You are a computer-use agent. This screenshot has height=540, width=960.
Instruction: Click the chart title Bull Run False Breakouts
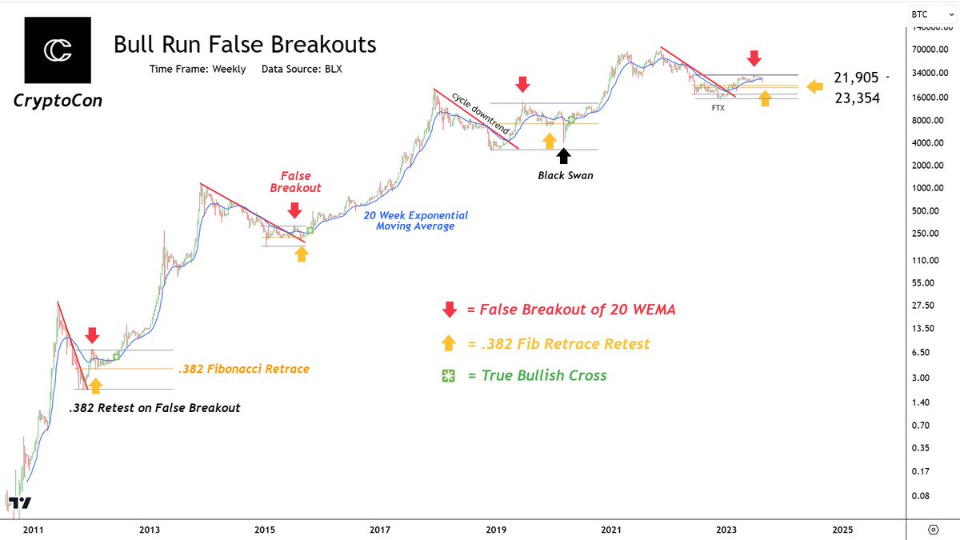(x=245, y=44)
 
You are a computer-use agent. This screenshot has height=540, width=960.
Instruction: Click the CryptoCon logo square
(x=58, y=49)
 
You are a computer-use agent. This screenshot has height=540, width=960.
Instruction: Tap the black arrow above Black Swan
(x=565, y=154)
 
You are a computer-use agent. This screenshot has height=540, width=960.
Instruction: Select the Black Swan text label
(x=565, y=175)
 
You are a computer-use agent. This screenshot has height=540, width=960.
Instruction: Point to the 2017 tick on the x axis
(x=380, y=530)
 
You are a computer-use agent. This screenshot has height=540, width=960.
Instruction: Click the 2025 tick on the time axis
(x=842, y=530)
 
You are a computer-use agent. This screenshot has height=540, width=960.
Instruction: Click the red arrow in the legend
(x=450, y=310)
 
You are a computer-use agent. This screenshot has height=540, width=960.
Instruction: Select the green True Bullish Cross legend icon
(x=450, y=376)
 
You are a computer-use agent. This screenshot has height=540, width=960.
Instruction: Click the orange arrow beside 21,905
(x=815, y=86)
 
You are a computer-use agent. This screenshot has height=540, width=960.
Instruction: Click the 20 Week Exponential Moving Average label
(x=416, y=221)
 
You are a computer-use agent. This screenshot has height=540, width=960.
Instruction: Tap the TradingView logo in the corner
(x=22, y=503)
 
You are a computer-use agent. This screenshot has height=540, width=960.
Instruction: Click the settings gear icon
(x=933, y=530)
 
